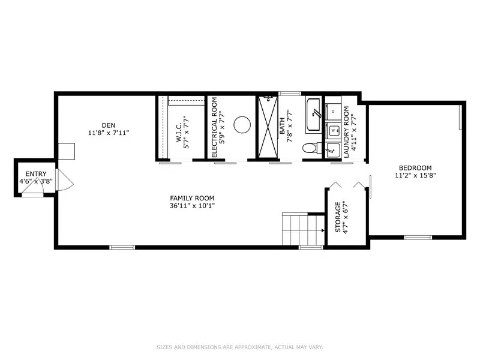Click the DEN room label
109,125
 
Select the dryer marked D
333,112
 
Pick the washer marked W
333,130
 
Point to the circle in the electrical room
242,125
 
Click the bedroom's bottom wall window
418,237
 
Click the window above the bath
290,94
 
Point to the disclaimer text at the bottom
240,347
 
